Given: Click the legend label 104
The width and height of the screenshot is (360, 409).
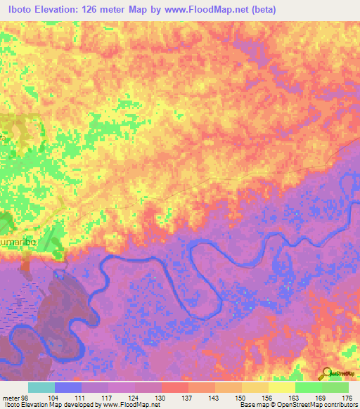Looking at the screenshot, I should click(x=53, y=397).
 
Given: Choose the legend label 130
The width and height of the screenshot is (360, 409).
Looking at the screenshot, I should click(x=161, y=397).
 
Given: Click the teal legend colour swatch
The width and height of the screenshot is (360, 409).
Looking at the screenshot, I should click(x=41, y=387).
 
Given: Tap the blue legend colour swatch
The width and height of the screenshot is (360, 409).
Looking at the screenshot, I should click(x=68, y=387).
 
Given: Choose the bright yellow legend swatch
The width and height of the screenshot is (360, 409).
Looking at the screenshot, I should click(x=281, y=387).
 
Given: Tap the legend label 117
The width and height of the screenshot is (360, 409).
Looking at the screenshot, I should click(x=108, y=397).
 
